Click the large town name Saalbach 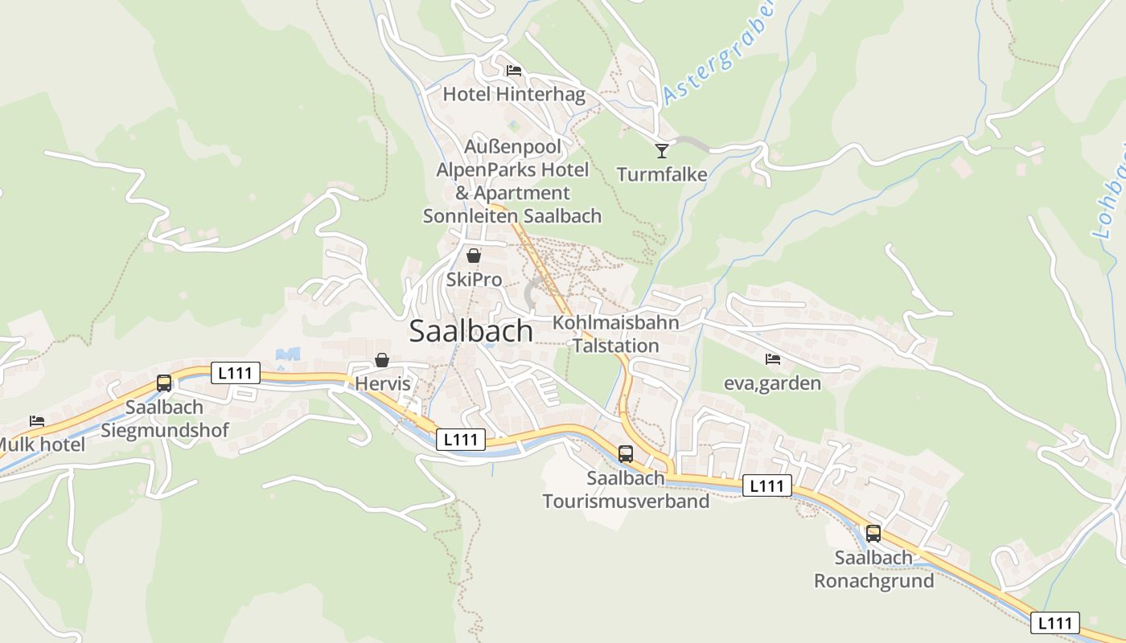(471, 331)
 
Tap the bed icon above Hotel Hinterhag (514, 71)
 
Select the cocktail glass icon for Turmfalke (661, 150)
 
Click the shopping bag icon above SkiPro (474, 256)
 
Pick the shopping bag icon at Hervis (382, 360)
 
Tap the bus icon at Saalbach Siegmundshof (164, 383)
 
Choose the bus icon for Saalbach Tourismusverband (626, 453)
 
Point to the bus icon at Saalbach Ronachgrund (873, 533)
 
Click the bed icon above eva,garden (773, 358)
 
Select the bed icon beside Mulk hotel (37, 420)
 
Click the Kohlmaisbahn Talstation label (615, 334)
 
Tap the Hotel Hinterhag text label (514, 94)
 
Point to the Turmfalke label (662, 174)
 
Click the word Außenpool (512, 147)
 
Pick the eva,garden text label (772, 383)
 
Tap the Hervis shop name (383, 384)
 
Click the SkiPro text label (474, 280)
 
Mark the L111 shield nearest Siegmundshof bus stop (236, 373)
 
